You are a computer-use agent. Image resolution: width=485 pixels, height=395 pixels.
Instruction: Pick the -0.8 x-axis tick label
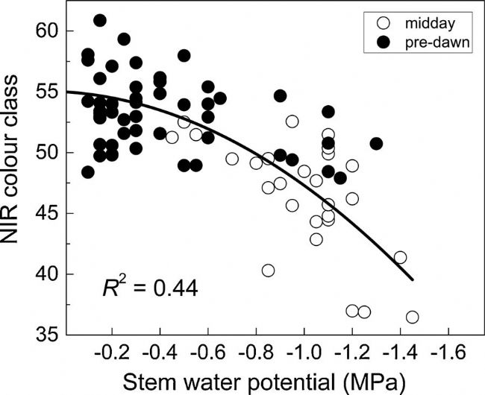pos(256,350)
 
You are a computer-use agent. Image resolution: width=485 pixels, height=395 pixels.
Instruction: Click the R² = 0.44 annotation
pos(150,286)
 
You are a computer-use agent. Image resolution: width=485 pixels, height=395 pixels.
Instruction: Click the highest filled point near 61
pos(100,20)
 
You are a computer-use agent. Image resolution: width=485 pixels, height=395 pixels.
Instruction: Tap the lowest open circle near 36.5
pos(412,317)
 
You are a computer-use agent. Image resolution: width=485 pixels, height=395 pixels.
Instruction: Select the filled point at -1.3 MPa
pos(376,144)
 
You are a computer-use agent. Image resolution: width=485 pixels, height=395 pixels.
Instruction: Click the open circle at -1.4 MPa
pos(400,258)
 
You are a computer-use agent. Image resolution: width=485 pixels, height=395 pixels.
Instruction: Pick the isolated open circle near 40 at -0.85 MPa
pos(268,271)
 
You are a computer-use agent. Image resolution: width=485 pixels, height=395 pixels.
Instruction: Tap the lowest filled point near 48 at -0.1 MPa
pos(88,172)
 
